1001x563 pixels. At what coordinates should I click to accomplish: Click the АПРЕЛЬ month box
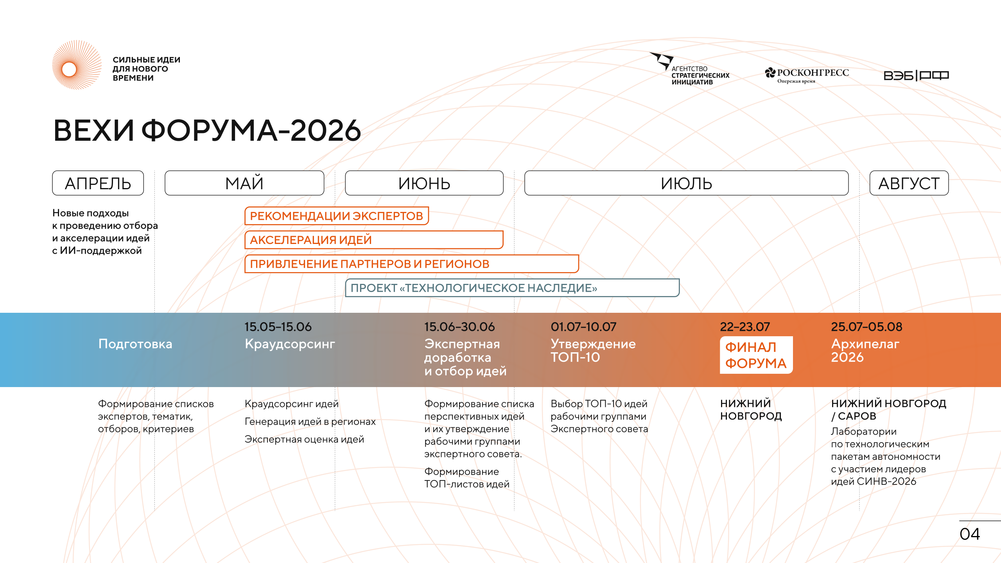[98, 183]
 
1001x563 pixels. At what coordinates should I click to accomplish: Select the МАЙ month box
[244, 183]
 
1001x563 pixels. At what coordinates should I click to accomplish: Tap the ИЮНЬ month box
[424, 183]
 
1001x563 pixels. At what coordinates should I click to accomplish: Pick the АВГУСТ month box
[909, 183]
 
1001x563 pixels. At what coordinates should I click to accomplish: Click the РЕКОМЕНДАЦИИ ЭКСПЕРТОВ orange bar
[337, 216]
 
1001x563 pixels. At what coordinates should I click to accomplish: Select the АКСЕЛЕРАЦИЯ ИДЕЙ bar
[374, 240]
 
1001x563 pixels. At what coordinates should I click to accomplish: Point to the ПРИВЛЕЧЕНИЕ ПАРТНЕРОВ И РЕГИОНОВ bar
[412, 264]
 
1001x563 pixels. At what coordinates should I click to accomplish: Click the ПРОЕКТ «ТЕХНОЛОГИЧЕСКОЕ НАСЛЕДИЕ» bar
[512, 288]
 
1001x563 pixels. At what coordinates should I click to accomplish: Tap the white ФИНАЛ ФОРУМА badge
[756, 355]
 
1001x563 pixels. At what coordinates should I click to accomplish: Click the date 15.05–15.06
[278, 327]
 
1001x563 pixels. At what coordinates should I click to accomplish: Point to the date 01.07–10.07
[583, 327]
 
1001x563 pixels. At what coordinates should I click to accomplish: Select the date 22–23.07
[745, 327]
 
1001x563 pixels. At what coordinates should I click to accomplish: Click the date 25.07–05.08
[866, 327]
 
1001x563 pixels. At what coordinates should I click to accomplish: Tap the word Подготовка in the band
[135, 344]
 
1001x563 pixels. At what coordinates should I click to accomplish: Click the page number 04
[970, 534]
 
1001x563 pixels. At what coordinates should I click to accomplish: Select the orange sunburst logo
[77, 65]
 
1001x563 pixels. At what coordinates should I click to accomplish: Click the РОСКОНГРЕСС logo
[807, 75]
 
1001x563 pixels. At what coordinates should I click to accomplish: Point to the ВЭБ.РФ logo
[916, 75]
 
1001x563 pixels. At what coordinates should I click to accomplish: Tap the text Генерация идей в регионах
[310, 421]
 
